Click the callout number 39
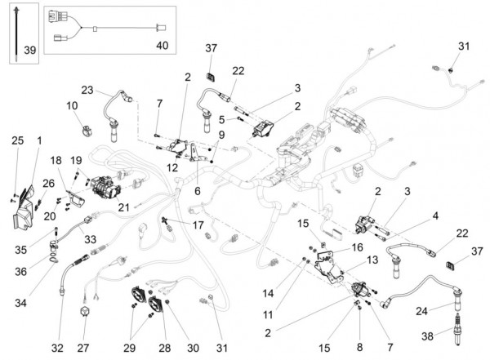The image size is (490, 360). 30,50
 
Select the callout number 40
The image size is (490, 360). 163,46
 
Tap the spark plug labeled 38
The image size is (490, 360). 457,329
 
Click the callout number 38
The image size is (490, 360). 427,336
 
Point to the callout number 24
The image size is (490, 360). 421,311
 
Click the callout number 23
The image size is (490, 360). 87,90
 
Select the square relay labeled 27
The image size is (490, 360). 85,312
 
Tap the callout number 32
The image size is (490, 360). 57,348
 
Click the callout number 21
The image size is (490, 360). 123,207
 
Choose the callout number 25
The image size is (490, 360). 17,140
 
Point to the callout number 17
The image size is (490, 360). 198,225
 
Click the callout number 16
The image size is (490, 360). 357,247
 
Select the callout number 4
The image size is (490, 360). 435,216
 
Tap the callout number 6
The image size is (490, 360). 197,191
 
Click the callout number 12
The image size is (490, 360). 172,168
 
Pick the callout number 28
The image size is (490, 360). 165,348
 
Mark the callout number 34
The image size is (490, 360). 20,303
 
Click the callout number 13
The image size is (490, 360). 372,260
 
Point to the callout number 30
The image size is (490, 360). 193,348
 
